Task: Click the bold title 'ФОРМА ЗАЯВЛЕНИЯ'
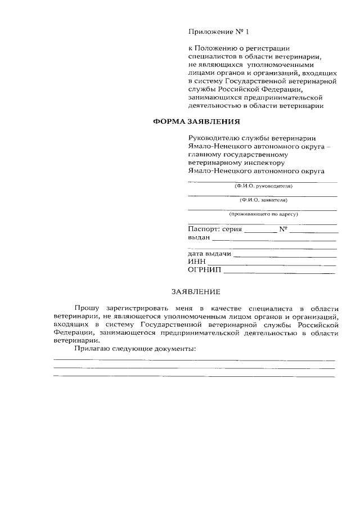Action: [197, 120]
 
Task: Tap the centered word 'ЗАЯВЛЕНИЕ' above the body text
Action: [196, 291]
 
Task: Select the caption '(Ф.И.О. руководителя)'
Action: [263, 186]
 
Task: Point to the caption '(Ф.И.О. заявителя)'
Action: [263, 200]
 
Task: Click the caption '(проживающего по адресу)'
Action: [263, 214]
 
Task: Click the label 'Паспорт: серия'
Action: [214, 229]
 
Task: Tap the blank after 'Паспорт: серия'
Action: [260, 231]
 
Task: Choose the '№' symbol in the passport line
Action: [283, 229]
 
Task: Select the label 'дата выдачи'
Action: [209, 254]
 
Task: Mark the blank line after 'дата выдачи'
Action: [285, 255]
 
